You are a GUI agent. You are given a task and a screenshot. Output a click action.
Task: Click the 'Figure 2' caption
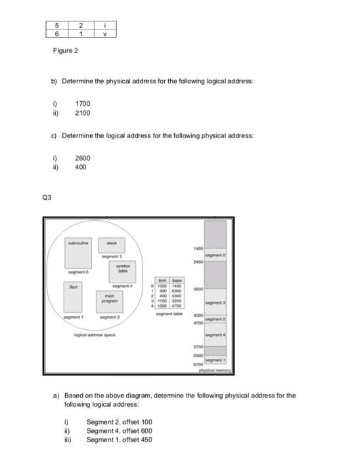click(x=66, y=51)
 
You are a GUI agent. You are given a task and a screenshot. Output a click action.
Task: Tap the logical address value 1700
click(x=82, y=104)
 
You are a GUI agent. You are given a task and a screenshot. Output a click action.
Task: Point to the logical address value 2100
click(x=82, y=113)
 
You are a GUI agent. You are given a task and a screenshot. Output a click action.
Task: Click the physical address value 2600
click(x=82, y=158)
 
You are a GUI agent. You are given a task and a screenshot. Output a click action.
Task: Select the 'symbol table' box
click(x=123, y=268)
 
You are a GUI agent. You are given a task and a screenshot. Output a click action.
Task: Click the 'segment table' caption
click(x=168, y=314)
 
